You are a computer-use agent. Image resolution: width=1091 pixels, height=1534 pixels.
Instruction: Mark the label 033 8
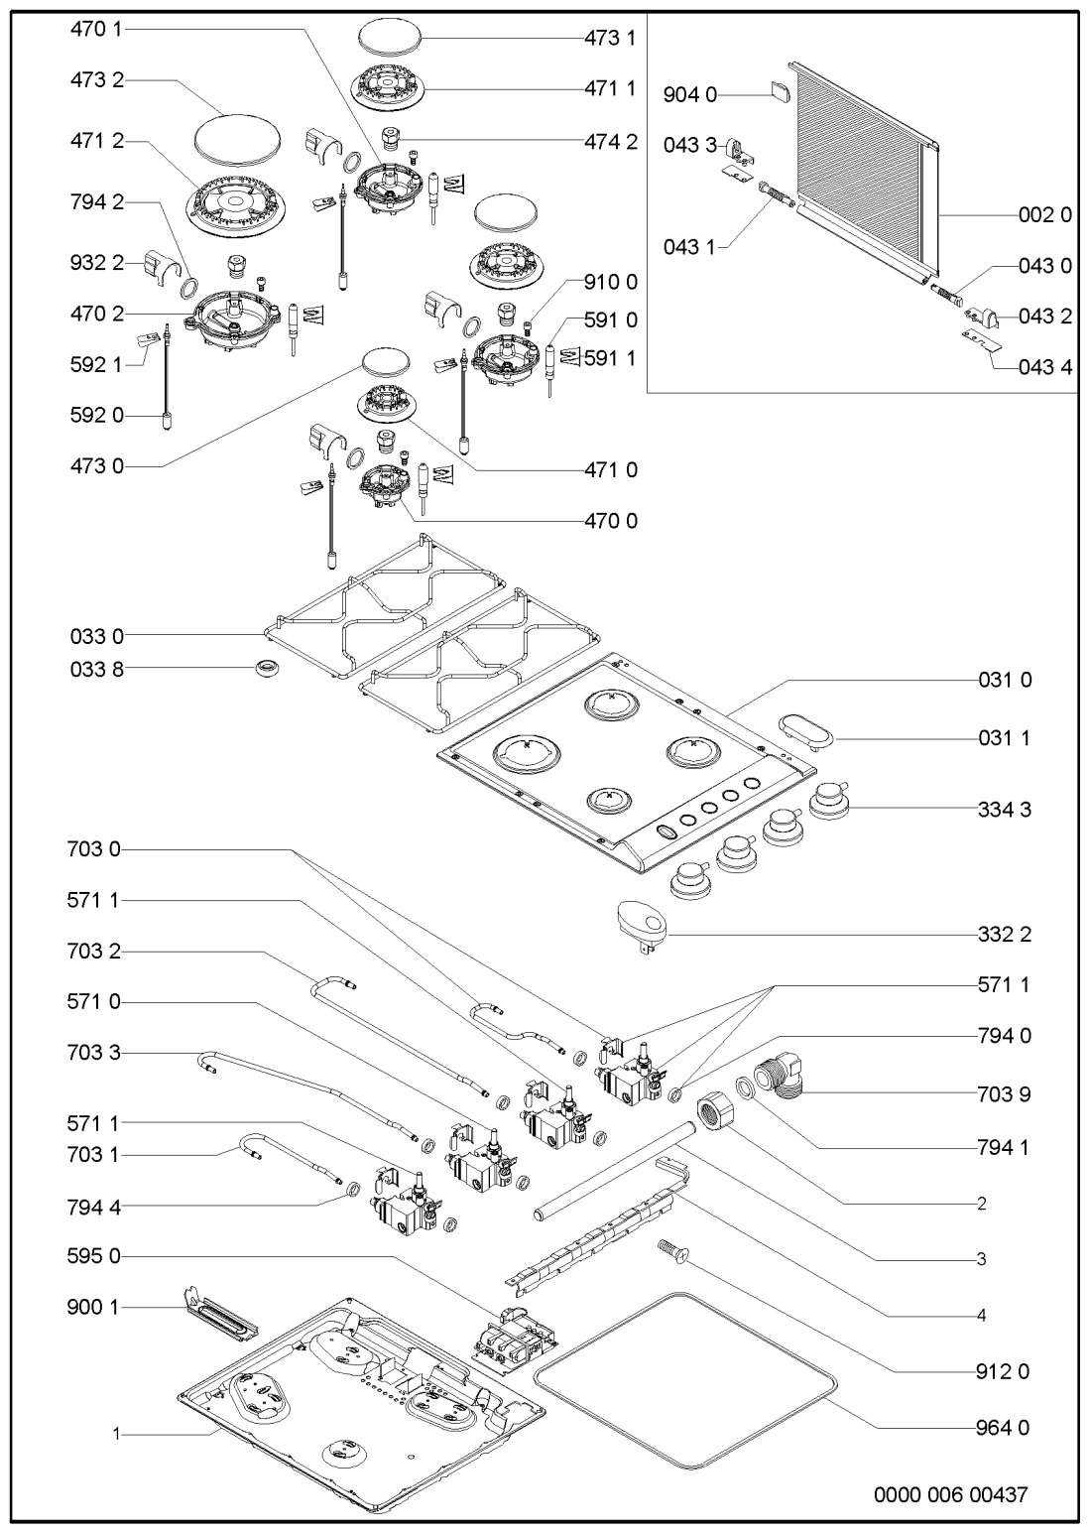[97, 669]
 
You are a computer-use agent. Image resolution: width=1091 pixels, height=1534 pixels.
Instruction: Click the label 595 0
[97, 1256]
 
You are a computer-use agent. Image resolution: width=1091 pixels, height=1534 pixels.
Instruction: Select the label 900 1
[97, 1309]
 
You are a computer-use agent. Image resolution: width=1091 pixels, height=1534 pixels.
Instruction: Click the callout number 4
[980, 1316]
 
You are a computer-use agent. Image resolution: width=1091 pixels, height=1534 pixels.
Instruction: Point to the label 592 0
[97, 416]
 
